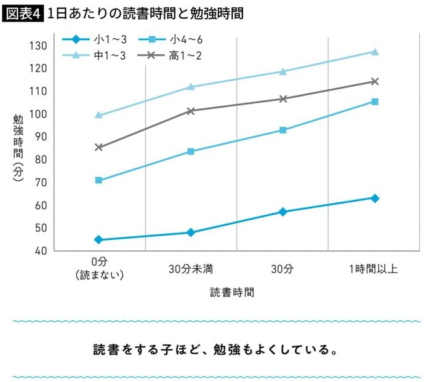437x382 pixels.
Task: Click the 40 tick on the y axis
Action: tap(40, 251)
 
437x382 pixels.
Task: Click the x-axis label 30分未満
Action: tap(191, 269)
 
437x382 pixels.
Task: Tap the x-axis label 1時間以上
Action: tap(374, 269)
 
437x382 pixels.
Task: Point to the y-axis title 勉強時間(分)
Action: tap(18, 148)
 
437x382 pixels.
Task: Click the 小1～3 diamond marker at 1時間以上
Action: tap(375, 198)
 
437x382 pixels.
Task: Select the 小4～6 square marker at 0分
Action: tap(98, 180)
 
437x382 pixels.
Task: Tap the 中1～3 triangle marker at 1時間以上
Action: tap(375, 52)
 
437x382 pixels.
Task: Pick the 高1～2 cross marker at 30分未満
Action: tap(191, 111)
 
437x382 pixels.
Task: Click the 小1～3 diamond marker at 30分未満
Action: tap(191, 233)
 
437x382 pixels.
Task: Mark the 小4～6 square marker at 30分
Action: tap(283, 130)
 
